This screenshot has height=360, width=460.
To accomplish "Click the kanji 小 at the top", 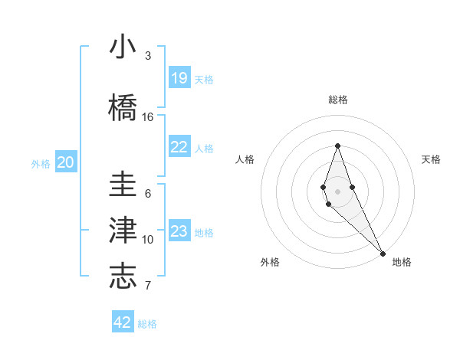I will (123, 47).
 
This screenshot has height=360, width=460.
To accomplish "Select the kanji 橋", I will (123, 107).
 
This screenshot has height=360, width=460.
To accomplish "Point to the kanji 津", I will (123, 231).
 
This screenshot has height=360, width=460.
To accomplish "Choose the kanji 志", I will (123, 276).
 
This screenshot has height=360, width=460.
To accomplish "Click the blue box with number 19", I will (179, 78).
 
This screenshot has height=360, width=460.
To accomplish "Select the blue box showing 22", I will (179, 147).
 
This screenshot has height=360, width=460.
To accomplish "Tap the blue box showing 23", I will (179, 231).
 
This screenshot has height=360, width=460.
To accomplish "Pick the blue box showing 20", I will (66, 162).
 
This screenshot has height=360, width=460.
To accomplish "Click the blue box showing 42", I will (123, 322).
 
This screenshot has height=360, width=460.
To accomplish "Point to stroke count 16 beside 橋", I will (148, 117).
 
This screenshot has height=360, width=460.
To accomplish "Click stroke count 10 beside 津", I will (148, 240).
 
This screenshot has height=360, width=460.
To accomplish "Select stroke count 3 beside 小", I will (148, 56).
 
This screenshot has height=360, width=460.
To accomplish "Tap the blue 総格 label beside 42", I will (147, 324).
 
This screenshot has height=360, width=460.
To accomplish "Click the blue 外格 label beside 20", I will (41, 163).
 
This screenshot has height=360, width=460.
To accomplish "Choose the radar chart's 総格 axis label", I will (337, 100).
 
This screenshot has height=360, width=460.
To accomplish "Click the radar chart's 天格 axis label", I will (431, 159).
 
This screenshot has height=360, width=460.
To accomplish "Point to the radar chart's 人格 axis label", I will (245, 159).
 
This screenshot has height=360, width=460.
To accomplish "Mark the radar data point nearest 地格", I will (383, 253).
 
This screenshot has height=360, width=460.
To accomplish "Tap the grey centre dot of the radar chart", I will (337, 190).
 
